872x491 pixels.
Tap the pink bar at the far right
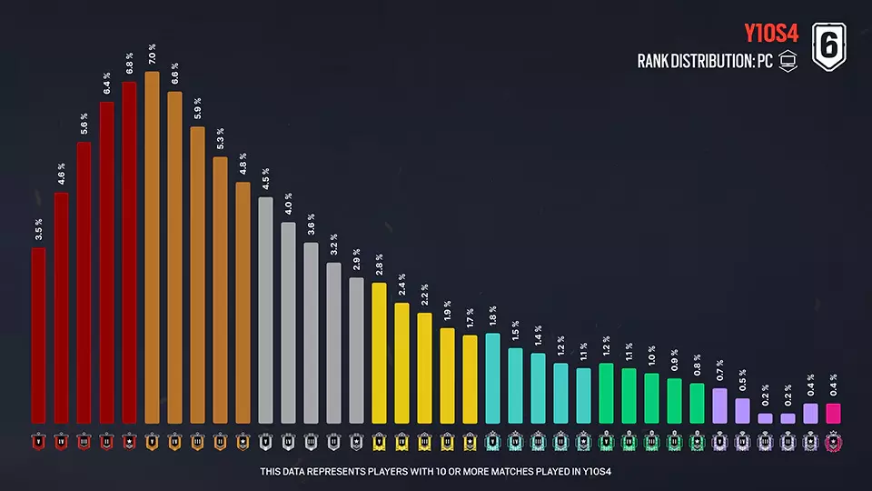click(833, 413)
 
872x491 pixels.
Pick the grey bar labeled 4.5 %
click(265, 309)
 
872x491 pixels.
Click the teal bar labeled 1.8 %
click(492, 377)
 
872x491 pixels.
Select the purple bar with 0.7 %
click(719, 405)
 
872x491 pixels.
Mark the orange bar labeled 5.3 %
click(220, 289)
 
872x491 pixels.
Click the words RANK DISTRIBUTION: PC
click(704, 63)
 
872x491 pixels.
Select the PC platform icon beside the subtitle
click(788, 63)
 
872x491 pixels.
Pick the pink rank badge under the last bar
click(833, 442)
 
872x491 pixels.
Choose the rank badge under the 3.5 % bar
click(38, 442)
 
